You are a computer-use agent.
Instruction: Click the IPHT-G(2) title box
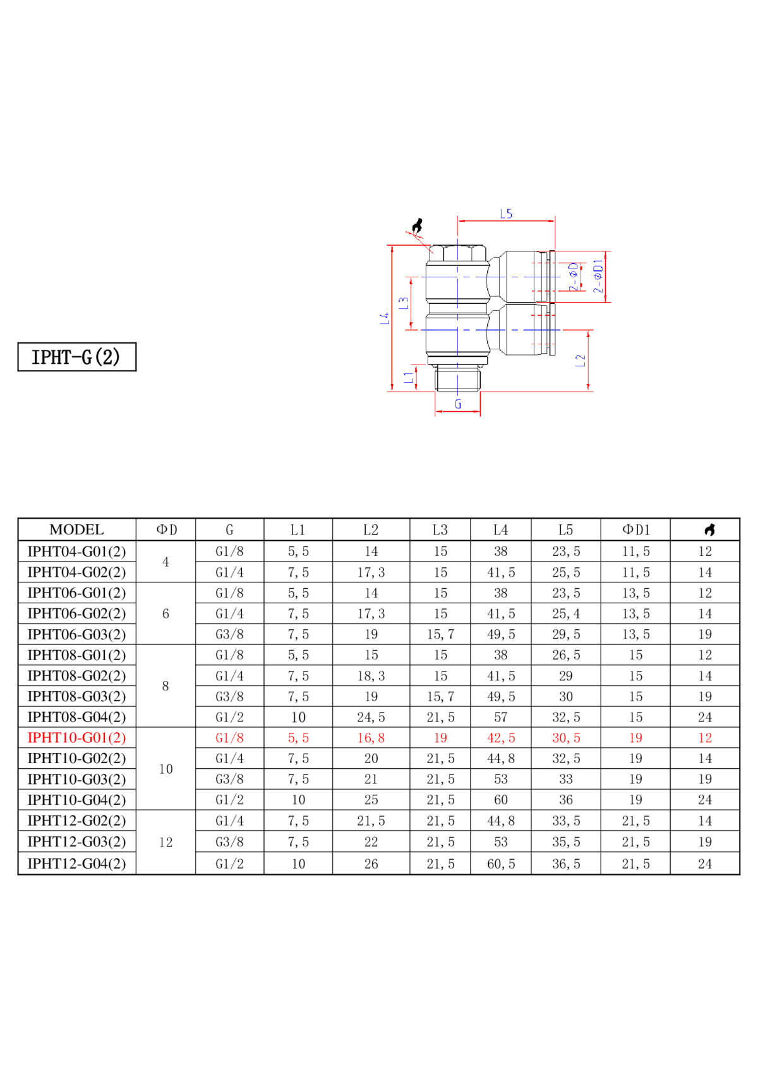(76, 356)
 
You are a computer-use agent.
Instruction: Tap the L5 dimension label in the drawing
(506, 214)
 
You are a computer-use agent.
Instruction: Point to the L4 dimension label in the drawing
(385, 318)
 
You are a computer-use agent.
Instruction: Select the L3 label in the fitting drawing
(404, 303)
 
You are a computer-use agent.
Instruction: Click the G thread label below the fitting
(458, 404)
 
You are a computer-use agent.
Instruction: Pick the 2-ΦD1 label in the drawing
(598, 276)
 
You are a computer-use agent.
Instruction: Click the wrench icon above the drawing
(418, 226)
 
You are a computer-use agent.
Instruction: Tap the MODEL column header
(76, 529)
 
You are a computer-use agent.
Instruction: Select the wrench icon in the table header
(709, 529)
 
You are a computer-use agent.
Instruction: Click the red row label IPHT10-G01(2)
(76, 737)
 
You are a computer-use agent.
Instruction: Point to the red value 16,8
(371, 738)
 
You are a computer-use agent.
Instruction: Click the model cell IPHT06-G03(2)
(76, 634)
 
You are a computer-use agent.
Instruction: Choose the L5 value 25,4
(566, 613)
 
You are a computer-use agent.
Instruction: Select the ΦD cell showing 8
(165, 686)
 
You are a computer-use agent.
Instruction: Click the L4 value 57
(501, 717)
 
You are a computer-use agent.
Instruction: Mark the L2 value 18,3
(371, 676)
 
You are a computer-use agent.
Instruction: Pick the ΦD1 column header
(635, 529)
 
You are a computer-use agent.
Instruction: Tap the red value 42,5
(501, 738)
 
